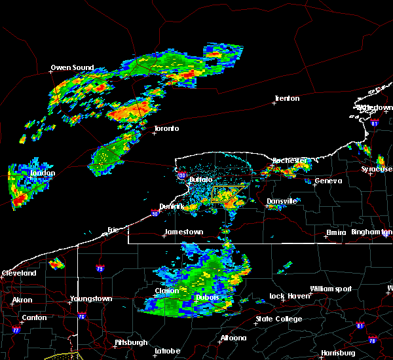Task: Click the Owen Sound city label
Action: pos(73,67)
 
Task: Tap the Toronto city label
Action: pos(166,128)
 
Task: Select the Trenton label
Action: pos(287,99)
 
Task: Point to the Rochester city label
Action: pos(290,160)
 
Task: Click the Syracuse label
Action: pos(378,170)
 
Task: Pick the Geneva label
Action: pos(327,181)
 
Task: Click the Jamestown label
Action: pos(183,232)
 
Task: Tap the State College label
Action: pos(279,319)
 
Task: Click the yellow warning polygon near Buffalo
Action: pos(229,194)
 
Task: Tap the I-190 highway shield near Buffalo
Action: pos(182,175)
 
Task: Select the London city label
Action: pos(43,173)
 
